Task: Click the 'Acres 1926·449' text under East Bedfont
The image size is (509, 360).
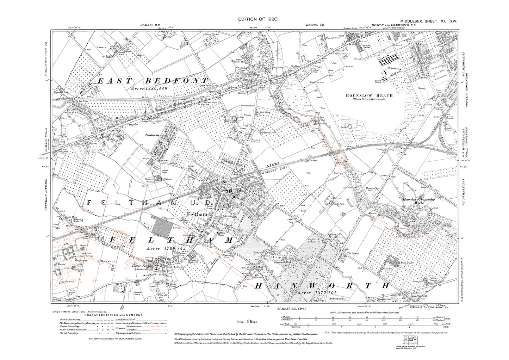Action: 152,88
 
